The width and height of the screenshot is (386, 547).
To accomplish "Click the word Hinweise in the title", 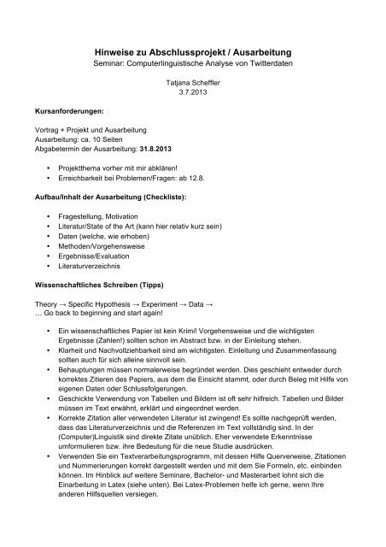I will pyautogui.click(x=118, y=50).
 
